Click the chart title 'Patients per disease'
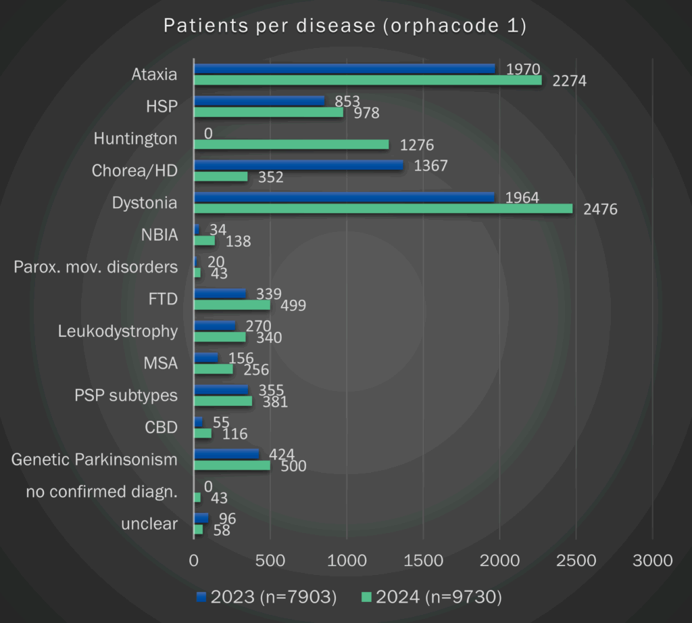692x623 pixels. (x=345, y=26)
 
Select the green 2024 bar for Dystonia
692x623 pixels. (x=382, y=208)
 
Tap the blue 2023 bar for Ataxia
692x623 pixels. (x=344, y=68)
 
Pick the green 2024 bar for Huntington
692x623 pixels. (x=291, y=144)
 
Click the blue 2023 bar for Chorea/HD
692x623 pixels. (x=298, y=165)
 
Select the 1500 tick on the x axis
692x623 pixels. (x=423, y=561)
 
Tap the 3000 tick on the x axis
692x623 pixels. (x=652, y=561)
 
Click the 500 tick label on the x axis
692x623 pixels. (x=270, y=561)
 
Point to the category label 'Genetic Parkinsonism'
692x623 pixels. (x=95, y=460)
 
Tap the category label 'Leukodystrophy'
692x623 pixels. (x=118, y=331)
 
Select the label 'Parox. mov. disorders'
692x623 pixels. (x=95, y=267)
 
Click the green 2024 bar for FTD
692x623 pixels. (x=232, y=304)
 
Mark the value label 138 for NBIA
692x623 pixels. (x=237, y=241)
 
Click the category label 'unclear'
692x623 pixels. (x=149, y=524)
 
